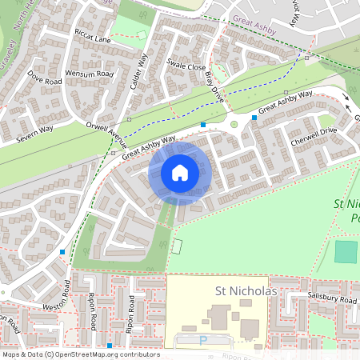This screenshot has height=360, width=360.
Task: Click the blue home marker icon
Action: tap(180, 172)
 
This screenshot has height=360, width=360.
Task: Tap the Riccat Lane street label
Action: tap(92, 38)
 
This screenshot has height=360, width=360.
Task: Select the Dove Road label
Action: tap(45, 81)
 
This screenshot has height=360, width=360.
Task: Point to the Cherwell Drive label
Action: tap(314, 134)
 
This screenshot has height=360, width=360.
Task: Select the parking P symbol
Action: tap(202, 340)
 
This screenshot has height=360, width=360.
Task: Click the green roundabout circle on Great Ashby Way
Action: tap(234, 123)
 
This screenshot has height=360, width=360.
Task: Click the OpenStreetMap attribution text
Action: tap(81, 354)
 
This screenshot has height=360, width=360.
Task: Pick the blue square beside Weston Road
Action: tap(62, 251)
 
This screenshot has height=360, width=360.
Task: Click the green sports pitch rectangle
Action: tap(346, 251)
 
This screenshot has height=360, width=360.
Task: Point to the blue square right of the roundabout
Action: tap(254, 118)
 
